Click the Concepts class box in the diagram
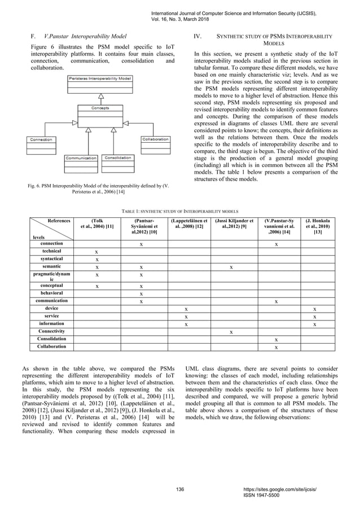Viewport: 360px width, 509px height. (100, 113)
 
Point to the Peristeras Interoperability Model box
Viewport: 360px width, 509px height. (100, 81)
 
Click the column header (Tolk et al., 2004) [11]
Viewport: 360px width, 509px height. (96, 226)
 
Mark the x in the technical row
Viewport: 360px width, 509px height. (96, 252)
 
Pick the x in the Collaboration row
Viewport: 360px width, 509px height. (275, 347)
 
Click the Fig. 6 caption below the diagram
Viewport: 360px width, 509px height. (100, 189)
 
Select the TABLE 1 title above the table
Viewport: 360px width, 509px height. (180, 209)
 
